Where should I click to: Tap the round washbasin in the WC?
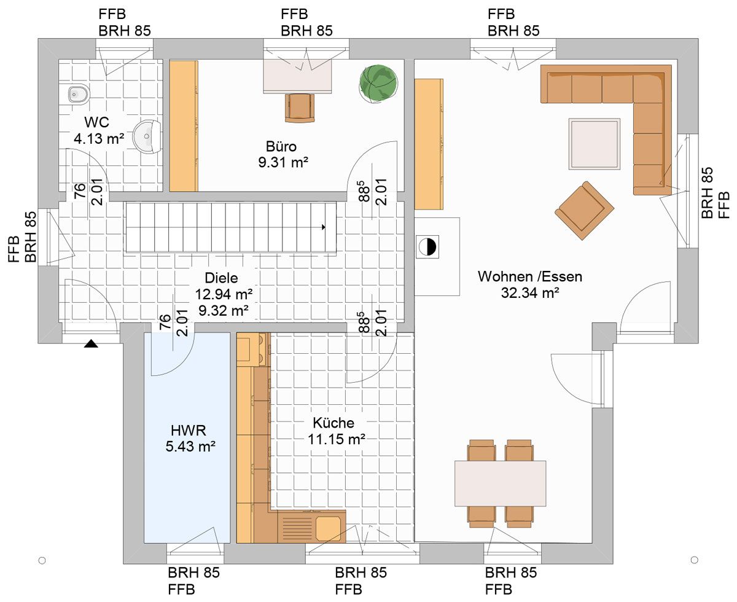pyautogui.click(x=147, y=136)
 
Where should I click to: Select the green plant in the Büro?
pyautogui.click(x=378, y=84)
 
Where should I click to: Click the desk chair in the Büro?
pyautogui.click(x=300, y=107)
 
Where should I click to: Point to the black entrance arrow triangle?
pyautogui.click(x=91, y=343)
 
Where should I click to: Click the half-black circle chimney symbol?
pyautogui.click(x=427, y=247)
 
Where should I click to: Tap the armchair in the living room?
pyautogui.click(x=584, y=211)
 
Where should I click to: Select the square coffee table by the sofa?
pyautogui.click(x=595, y=144)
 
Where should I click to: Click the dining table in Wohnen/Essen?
pyautogui.click(x=500, y=483)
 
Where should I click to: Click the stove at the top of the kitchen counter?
pyautogui.click(x=254, y=350)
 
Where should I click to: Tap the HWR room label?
pyautogui.click(x=189, y=431)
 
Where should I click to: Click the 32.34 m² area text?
pyautogui.click(x=530, y=292)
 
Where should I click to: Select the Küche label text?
pyautogui.click(x=333, y=423)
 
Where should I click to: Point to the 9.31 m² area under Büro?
pyautogui.click(x=283, y=162)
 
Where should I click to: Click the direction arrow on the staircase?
pyautogui.click(x=324, y=227)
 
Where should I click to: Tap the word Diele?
pyautogui.click(x=221, y=278)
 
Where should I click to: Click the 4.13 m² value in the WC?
pyautogui.click(x=99, y=139)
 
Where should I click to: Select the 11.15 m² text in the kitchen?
pyautogui.click(x=336, y=439)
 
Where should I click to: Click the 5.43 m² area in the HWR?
pyautogui.click(x=190, y=447)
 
